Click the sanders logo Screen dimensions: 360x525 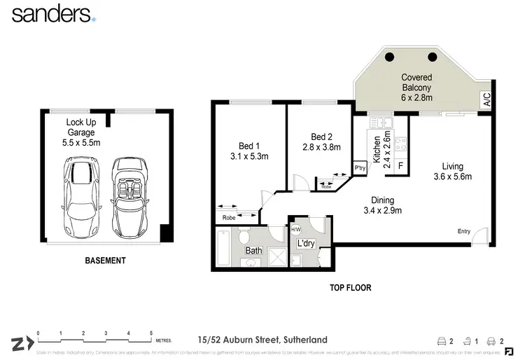[53, 14]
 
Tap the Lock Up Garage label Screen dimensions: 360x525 [83, 132]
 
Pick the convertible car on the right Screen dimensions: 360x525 [129, 196]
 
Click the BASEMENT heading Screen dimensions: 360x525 [105, 261]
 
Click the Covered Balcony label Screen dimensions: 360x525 [416, 83]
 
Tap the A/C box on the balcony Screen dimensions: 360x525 [486, 101]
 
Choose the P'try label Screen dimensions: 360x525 [360, 168]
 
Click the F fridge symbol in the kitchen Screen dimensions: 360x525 [400, 166]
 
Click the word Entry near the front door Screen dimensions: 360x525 [464, 232]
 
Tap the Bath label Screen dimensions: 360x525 [253, 250]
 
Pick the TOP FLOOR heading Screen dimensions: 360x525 [350, 287]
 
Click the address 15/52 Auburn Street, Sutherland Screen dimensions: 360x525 [262, 340]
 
